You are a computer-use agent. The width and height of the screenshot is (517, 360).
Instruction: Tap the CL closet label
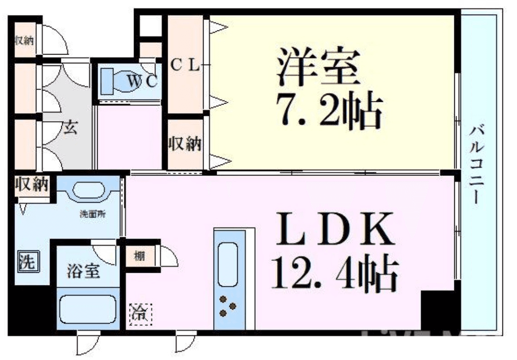point(185,66)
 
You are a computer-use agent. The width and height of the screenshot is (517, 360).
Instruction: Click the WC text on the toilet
point(142,82)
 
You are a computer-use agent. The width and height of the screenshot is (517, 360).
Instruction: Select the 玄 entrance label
point(70,128)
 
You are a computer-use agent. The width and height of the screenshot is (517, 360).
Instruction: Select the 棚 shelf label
point(139,256)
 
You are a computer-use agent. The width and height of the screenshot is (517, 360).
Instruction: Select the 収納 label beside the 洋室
point(185,144)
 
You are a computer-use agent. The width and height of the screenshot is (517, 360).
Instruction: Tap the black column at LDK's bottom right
point(438,309)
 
